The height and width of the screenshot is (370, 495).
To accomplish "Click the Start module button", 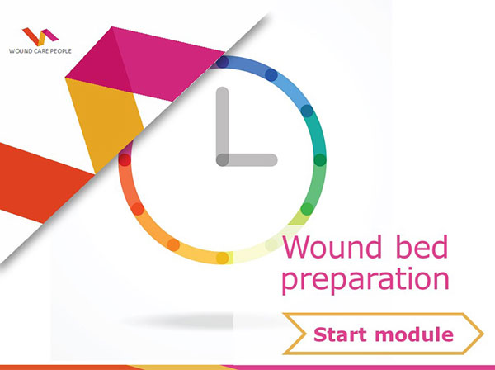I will pyautogui.click(x=382, y=334).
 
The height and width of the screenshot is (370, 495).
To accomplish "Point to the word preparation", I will pyautogui.click(x=365, y=278).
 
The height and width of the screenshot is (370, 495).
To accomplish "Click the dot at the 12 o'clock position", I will pyautogui.click(x=223, y=61).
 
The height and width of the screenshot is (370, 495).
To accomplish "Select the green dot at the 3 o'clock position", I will pyautogui.click(x=320, y=159).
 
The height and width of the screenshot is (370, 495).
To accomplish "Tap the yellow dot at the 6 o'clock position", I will pyautogui.click(x=223, y=258).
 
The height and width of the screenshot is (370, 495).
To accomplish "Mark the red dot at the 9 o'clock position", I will pyautogui.click(x=125, y=160).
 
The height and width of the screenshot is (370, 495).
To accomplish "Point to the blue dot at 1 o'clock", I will pyautogui.click(x=271, y=74).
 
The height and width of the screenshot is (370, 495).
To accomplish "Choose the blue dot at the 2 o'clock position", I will pyautogui.click(x=307, y=110).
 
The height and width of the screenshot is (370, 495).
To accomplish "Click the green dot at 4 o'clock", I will pyautogui.click(x=307, y=208).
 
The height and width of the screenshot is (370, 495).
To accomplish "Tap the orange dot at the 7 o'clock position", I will pyautogui.click(x=174, y=244).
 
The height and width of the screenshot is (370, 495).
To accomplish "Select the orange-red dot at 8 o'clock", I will pyautogui.click(x=138, y=209).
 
